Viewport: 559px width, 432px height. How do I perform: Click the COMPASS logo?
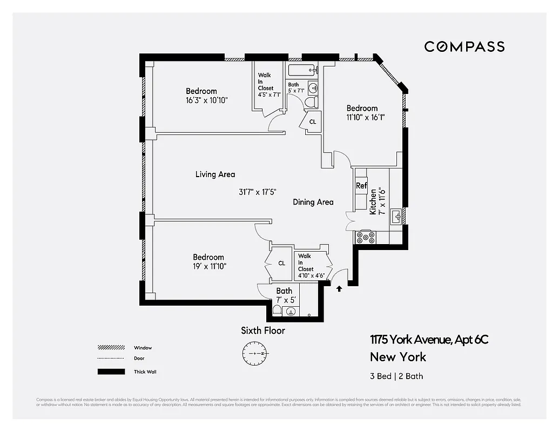464,47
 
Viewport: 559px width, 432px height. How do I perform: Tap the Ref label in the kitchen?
361,186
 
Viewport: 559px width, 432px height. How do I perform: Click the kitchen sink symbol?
396,217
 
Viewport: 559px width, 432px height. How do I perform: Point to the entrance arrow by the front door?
339,289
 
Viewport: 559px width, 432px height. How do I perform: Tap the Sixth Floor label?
263,330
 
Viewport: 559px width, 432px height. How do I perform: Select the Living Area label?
215,174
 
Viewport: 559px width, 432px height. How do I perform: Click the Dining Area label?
313,202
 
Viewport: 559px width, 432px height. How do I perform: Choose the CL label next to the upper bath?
312,122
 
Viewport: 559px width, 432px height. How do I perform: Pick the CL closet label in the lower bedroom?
281,264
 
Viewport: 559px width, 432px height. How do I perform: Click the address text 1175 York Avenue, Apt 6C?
429,340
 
